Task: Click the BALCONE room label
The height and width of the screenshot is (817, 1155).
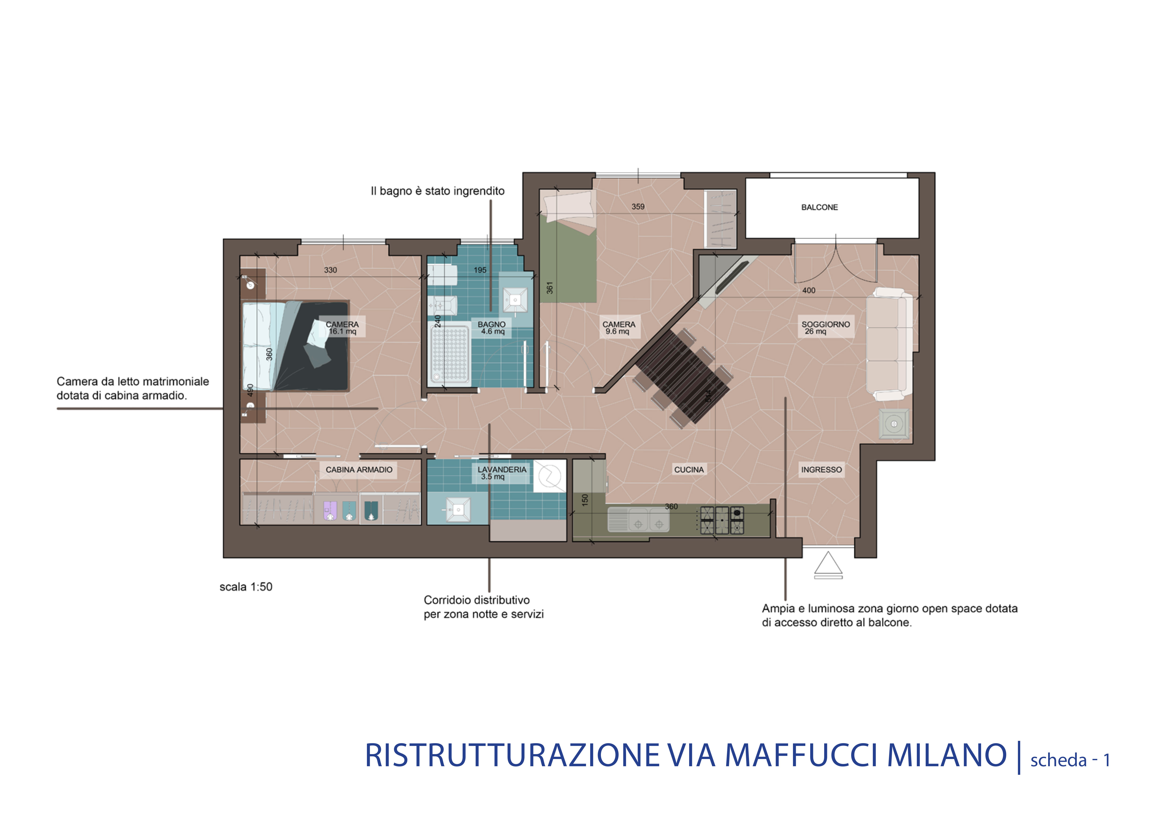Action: click(820, 207)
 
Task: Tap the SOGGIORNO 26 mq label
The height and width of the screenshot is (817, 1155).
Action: click(826, 327)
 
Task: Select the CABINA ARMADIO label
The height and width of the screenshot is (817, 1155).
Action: click(359, 469)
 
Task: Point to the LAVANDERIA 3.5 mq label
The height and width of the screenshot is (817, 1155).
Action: click(501, 473)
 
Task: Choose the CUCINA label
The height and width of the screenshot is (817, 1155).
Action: click(689, 469)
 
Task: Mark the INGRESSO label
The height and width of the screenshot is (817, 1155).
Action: click(821, 469)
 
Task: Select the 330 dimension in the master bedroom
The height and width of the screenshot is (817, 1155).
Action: click(331, 270)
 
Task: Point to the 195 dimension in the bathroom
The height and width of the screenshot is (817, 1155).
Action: click(480, 270)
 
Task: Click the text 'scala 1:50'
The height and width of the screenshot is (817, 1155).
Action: click(246, 587)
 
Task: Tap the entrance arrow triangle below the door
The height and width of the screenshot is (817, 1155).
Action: click(828, 564)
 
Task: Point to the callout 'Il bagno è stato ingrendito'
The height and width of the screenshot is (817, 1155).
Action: click(438, 191)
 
